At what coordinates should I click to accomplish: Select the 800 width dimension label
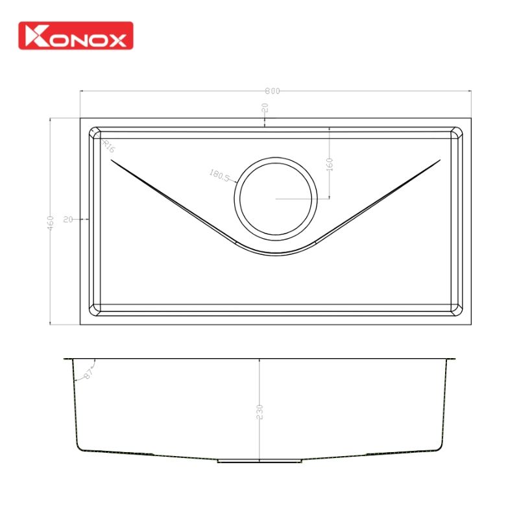(x=273, y=91)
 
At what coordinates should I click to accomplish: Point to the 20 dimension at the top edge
(x=265, y=110)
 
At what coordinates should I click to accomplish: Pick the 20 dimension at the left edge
(x=67, y=220)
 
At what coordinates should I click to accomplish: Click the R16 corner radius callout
(x=108, y=145)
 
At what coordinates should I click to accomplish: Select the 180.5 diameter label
(x=219, y=175)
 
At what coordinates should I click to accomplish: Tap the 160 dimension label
(x=330, y=163)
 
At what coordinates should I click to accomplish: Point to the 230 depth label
(x=259, y=411)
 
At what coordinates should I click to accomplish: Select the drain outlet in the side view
(x=259, y=461)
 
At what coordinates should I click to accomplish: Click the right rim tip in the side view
(x=456, y=358)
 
